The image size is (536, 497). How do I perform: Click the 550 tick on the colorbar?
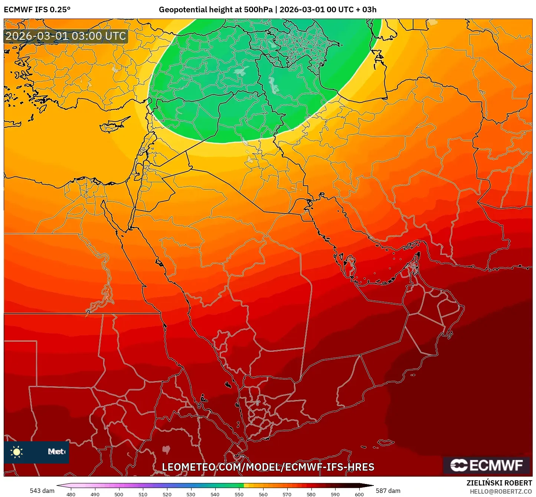(239, 494)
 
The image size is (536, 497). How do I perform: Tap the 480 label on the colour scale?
(71, 494)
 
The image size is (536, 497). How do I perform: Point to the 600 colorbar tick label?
(359, 494)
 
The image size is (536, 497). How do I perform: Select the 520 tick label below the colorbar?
(167, 494)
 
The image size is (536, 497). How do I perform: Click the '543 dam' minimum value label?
(42, 491)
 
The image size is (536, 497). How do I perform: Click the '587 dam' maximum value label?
(388, 491)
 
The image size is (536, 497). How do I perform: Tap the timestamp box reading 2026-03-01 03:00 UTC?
(66, 36)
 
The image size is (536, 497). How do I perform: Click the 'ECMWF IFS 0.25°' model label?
(37, 10)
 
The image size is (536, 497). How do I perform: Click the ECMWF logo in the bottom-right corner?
(486, 465)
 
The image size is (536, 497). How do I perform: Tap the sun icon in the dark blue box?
(17, 452)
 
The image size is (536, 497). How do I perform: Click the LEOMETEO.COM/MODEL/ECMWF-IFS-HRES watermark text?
(268, 467)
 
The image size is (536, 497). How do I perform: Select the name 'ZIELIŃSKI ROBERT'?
(499, 483)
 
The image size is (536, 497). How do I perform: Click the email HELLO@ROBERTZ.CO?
(501, 491)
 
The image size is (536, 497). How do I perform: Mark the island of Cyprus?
(113, 126)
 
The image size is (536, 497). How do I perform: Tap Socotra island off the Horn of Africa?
(386, 442)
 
